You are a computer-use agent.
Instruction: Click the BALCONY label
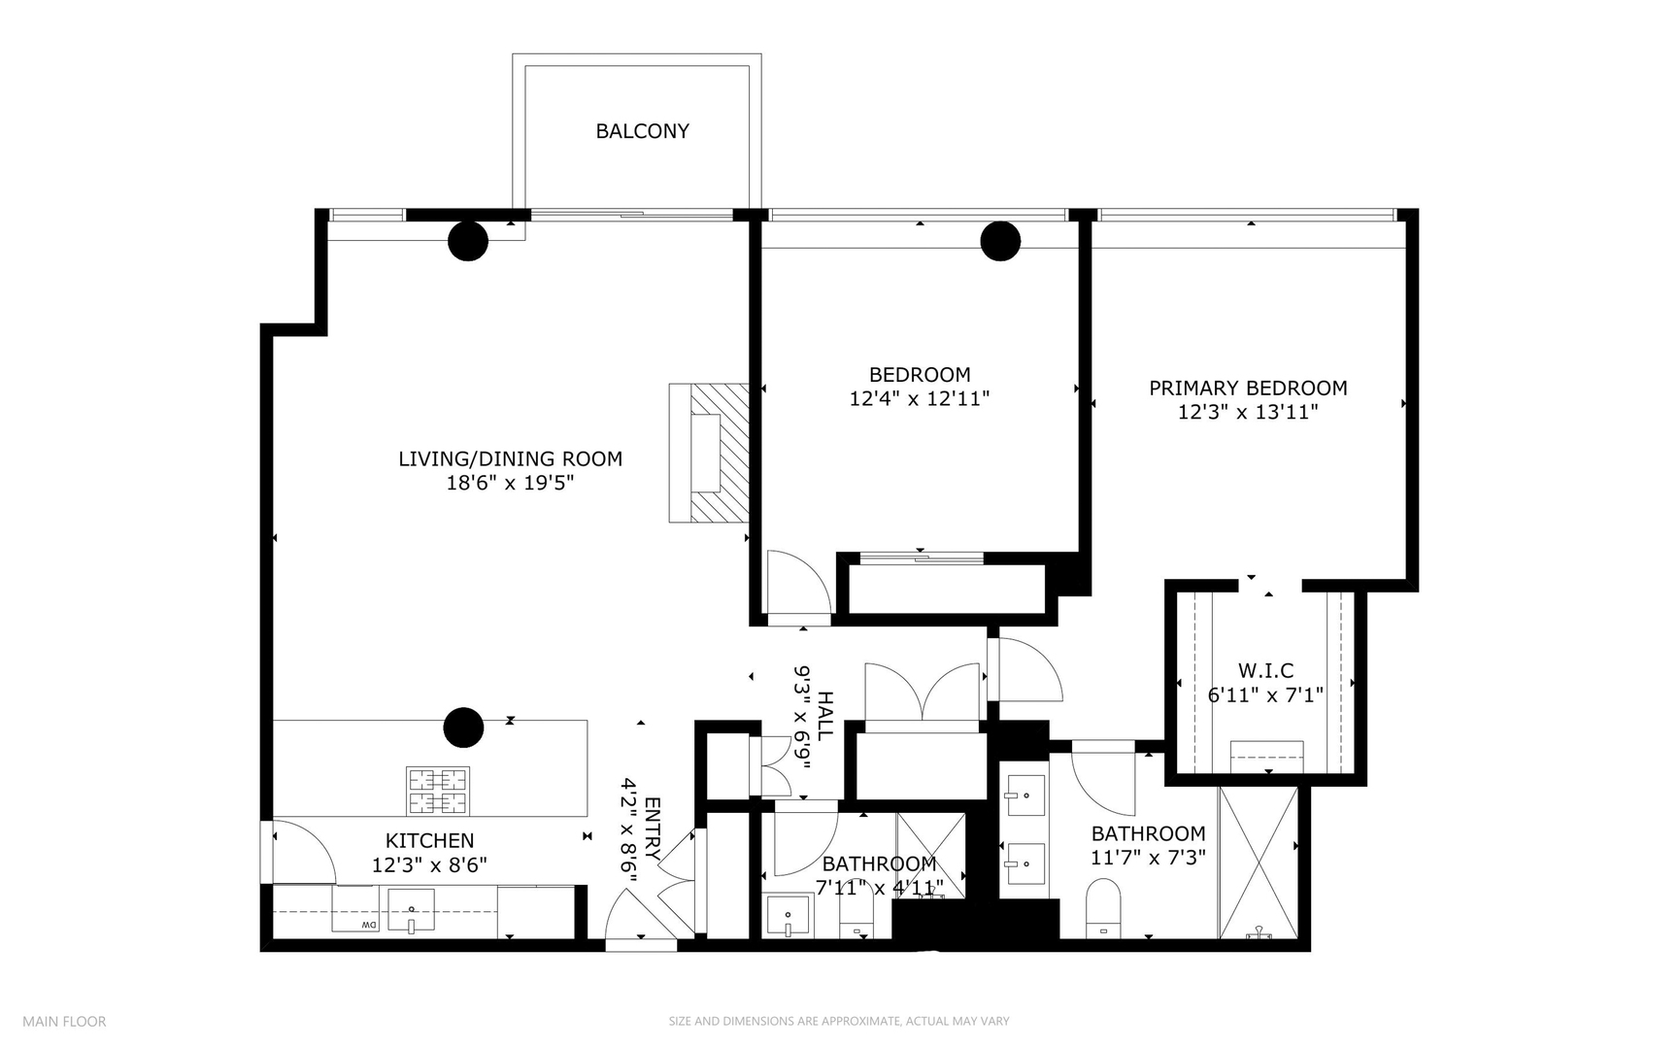[642, 131]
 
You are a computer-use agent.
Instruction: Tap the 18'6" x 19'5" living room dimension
[510, 483]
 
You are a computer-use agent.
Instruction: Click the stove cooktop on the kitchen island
[437, 791]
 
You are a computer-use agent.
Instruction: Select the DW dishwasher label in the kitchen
[369, 925]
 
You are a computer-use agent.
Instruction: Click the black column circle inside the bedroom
[1000, 241]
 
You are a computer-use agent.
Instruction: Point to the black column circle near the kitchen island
[463, 727]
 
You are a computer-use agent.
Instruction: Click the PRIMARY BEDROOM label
[1248, 389]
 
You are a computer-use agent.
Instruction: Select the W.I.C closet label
[1265, 671]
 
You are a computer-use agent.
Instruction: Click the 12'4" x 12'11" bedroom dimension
[919, 398]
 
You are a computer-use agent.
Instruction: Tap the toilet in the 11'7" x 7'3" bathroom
[1103, 905]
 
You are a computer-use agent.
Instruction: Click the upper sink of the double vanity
[1024, 798]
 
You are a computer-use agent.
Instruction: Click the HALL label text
[824, 716]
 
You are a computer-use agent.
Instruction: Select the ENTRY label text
[652, 829]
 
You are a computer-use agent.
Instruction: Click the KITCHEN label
[429, 841]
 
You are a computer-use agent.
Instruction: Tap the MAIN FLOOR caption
[64, 1021]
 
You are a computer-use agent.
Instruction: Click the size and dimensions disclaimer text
[838, 1021]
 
